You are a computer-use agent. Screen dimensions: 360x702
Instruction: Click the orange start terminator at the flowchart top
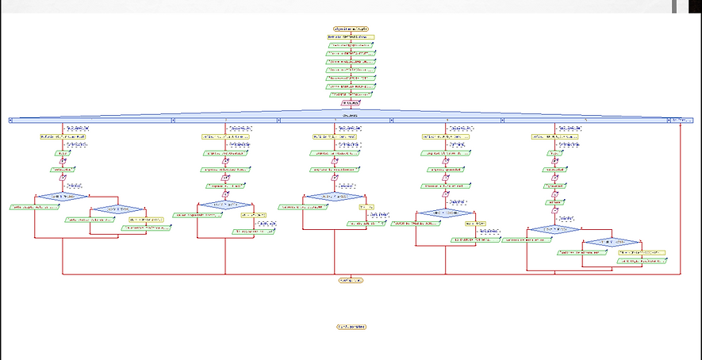coord(351,28)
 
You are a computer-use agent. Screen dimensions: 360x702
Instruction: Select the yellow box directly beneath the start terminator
coord(350,36)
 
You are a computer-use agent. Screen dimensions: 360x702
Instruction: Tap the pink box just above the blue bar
coord(351,103)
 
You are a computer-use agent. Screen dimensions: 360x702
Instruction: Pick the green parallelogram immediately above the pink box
coord(351,94)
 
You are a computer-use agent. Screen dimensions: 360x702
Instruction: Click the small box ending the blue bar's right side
coord(681,120)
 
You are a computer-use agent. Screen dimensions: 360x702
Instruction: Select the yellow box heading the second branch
coord(226,136)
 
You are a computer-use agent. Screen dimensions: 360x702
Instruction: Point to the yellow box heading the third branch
coord(334,136)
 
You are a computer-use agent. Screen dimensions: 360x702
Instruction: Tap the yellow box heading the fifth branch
coord(554,136)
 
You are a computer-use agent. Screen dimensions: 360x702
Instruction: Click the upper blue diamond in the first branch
coord(62,196)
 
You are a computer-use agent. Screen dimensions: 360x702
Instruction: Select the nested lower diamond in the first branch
coord(117,209)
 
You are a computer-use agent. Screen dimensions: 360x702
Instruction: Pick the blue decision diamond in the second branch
coord(226,205)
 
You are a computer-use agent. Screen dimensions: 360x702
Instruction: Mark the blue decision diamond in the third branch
coord(334,196)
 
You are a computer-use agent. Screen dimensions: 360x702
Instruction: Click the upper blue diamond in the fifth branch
coord(554,229)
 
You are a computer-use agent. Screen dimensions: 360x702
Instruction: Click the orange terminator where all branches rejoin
coord(351,280)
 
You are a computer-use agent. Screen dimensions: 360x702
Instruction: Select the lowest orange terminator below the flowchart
coord(351,326)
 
